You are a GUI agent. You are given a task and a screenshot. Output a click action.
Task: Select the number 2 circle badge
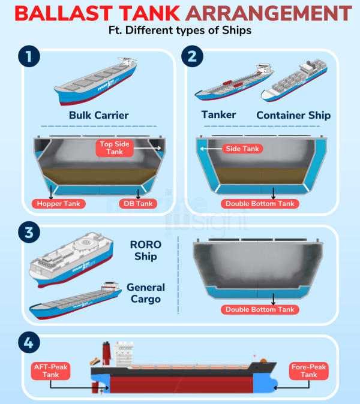[x=192, y=57]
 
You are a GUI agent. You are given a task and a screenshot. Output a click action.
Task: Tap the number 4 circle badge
[x=28, y=343]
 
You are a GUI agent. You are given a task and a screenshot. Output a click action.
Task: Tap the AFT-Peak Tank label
[x=51, y=370]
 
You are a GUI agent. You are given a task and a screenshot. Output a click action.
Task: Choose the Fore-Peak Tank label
[x=308, y=370]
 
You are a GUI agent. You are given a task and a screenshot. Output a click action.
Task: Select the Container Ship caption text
[x=293, y=115]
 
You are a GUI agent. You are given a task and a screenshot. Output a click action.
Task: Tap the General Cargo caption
[x=146, y=293]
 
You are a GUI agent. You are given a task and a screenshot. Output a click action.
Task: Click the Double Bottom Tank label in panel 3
[x=260, y=309]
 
